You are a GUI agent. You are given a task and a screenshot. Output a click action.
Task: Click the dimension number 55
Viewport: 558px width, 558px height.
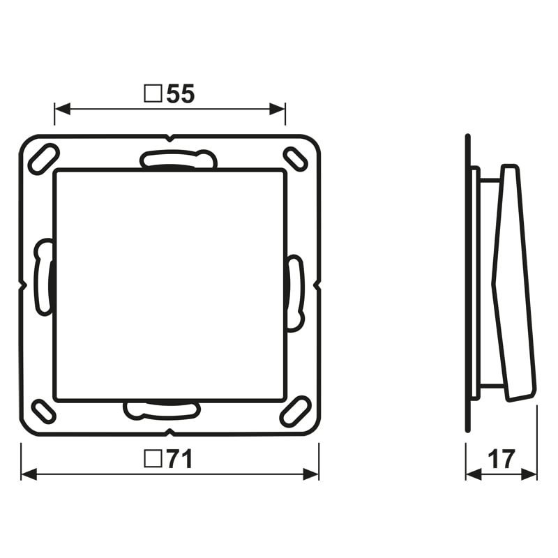coord(181,94)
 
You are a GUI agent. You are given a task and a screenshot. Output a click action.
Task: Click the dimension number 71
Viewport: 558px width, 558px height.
coord(180,459)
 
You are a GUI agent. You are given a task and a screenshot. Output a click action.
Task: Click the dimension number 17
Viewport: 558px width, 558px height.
coord(502,459)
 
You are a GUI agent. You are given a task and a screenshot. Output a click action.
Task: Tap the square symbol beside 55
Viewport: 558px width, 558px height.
coord(153,93)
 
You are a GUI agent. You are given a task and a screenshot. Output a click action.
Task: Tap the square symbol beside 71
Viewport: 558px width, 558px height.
coord(153,458)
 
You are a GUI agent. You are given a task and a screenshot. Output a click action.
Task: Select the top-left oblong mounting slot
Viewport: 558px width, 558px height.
coord(43,159)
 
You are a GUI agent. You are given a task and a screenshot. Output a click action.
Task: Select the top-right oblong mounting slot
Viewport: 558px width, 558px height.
coord(295,159)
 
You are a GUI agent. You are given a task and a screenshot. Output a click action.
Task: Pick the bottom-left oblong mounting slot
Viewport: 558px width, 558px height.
coord(44,412)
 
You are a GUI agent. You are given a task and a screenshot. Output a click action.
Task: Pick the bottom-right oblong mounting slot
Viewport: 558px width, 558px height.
coord(295,412)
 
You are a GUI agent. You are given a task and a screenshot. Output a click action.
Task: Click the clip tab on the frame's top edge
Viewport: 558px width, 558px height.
coord(179,159)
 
